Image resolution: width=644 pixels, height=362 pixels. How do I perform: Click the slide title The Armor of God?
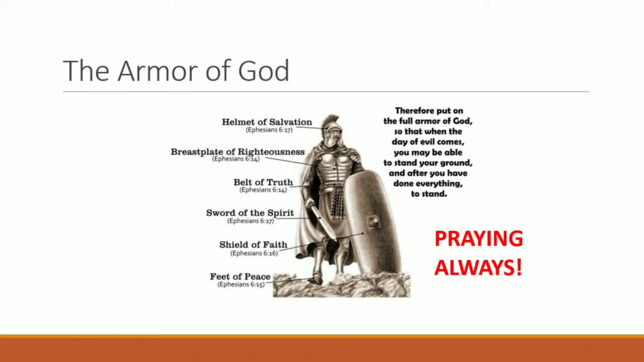(176, 71)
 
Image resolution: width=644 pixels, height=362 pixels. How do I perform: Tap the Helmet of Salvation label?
(267, 122)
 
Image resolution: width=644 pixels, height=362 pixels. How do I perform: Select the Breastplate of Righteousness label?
(238, 152)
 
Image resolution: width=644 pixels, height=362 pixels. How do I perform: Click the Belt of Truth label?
(263, 182)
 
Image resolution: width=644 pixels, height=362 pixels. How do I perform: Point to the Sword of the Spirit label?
(250, 213)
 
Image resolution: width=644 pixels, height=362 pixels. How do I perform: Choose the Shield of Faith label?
(254, 245)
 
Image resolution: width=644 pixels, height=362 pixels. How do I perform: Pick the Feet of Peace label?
(240, 277)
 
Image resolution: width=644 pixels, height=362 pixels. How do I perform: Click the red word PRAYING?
(479, 239)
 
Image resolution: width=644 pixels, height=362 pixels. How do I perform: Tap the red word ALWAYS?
(478, 267)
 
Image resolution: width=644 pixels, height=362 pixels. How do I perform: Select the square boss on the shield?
(374, 222)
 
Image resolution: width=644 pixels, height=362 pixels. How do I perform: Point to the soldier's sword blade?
(322, 223)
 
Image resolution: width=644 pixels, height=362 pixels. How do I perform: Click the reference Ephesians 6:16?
(254, 253)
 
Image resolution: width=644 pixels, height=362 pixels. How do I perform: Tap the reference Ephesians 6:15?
(241, 284)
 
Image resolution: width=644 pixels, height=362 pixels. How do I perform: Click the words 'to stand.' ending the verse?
(429, 194)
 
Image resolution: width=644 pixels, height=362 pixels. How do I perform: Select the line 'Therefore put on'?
(429, 111)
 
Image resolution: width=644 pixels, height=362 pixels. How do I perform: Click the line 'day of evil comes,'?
(428, 142)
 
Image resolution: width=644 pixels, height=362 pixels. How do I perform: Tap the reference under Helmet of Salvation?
(269, 130)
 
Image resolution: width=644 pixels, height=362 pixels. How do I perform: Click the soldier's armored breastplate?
(332, 168)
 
